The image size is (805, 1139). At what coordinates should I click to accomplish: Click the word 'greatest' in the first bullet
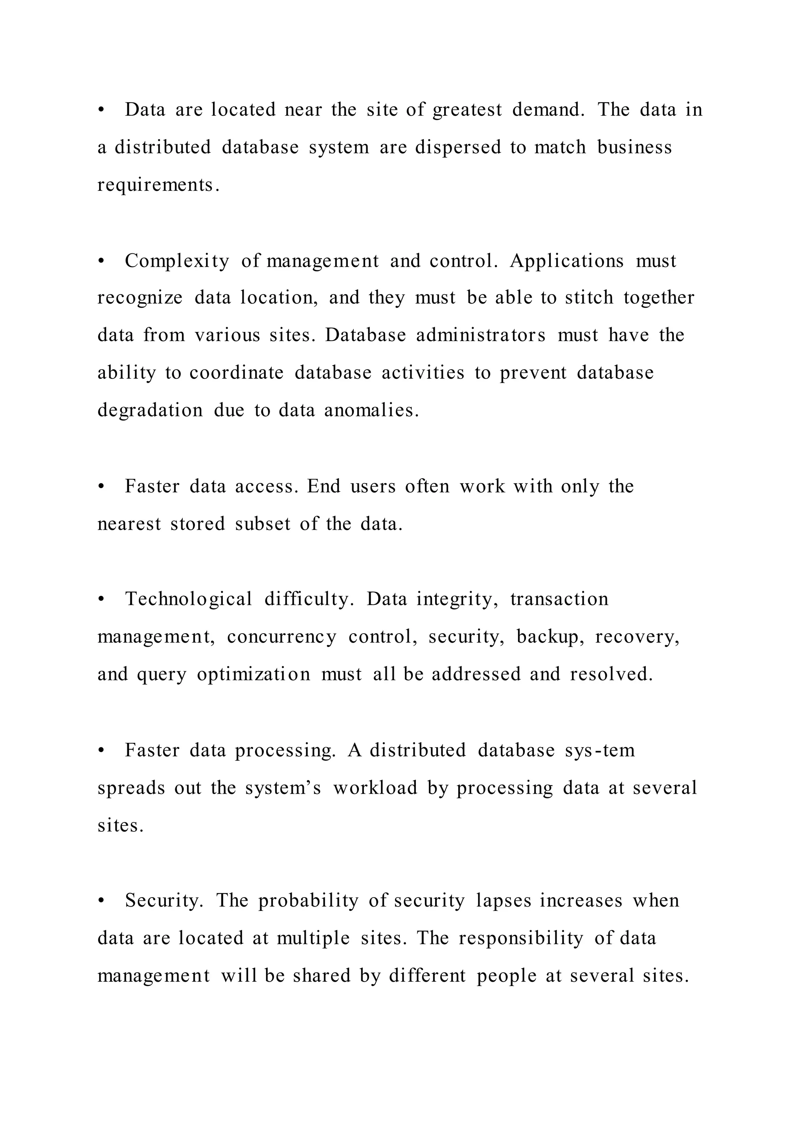pos(467,110)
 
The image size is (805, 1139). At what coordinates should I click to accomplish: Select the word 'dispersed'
pos(458,147)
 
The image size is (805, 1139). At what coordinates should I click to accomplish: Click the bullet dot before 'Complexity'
pos(101,261)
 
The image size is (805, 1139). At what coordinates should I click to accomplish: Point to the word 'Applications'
pos(566,261)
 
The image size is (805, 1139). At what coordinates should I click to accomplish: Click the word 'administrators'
pos(481,335)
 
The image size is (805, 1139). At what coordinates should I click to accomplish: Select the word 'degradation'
pos(150,410)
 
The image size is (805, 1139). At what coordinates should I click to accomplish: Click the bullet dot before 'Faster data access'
pos(101,487)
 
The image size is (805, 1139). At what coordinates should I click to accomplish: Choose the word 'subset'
pos(262,524)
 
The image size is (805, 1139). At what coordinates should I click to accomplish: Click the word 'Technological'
pos(189,599)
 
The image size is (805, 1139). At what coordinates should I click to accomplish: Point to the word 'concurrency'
pos(281,637)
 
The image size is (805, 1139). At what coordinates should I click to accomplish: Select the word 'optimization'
pos(254,675)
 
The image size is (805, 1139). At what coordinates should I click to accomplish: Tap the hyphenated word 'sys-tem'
pos(600,750)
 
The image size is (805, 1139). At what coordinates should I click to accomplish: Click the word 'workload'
pos(375,788)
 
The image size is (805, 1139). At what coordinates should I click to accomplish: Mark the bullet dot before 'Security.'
pos(101,900)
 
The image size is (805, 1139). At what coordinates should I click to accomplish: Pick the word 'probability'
pos(308,900)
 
